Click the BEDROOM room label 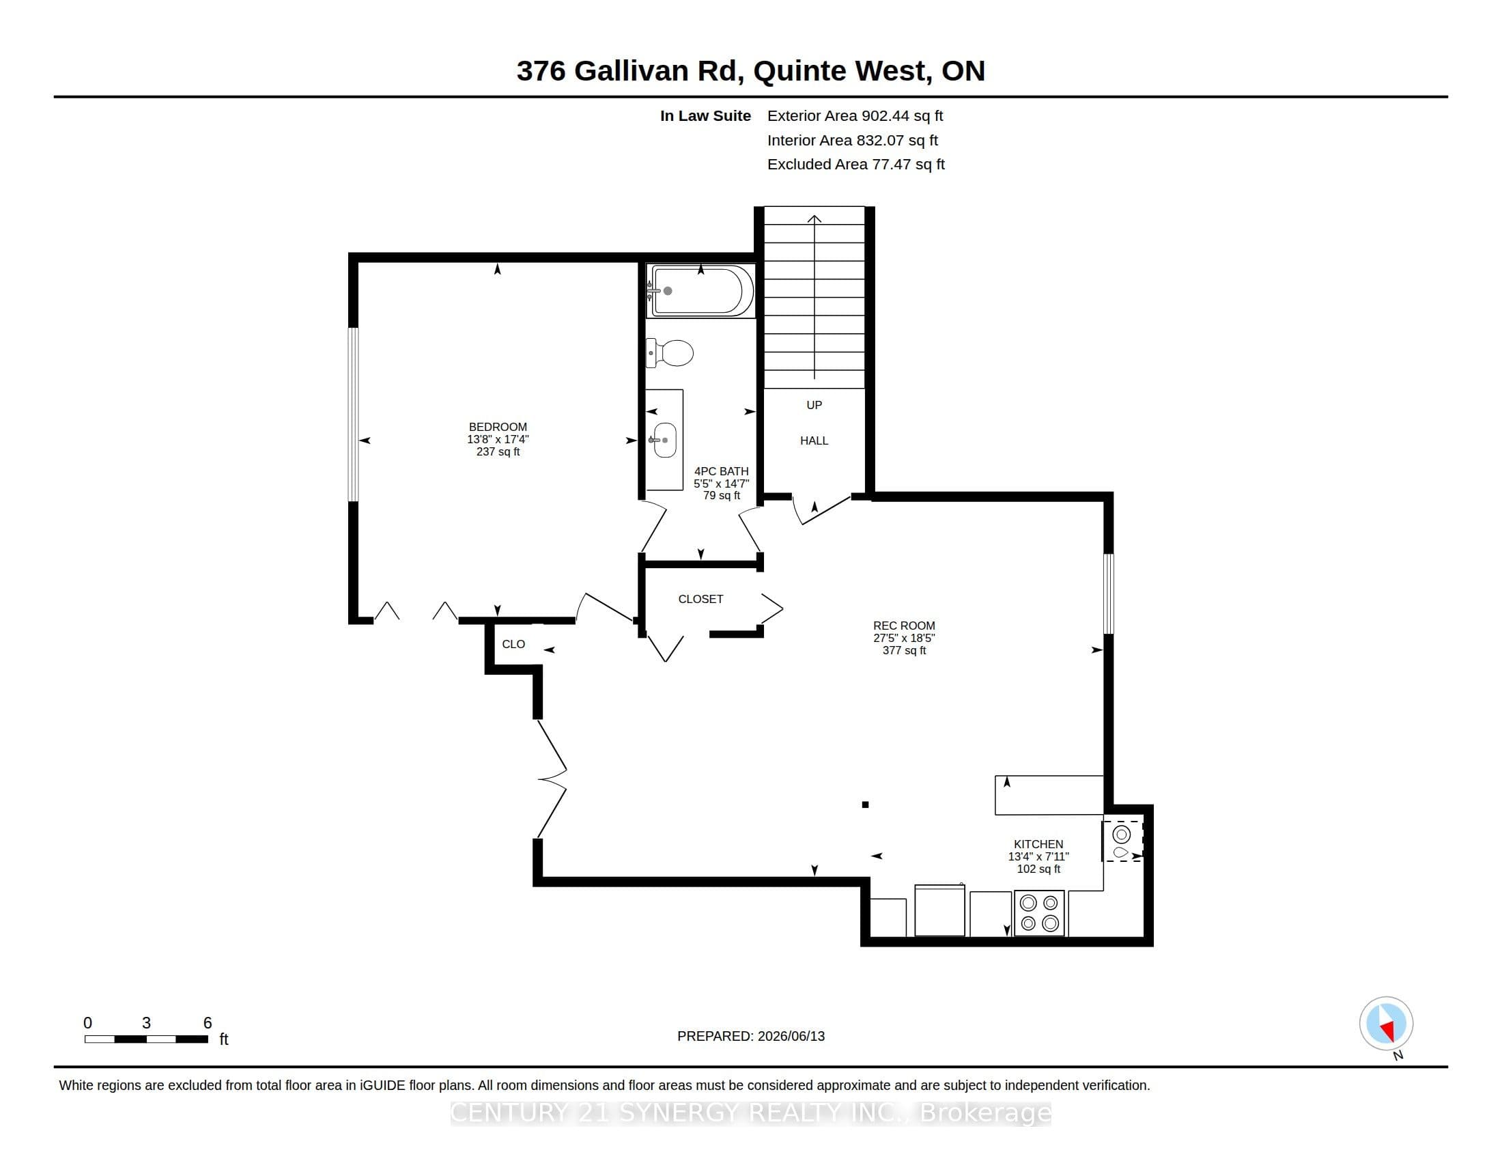[x=498, y=426]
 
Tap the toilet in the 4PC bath [x=669, y=353]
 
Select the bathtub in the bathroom [x=700, y=291]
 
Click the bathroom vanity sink [x=664, y=440]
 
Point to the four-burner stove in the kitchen [x=1039, y=913]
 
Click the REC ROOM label [x=904, y=626]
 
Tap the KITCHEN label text [x=1038, y=844]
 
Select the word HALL [x=814, y=441]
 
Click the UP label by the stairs [x=814, y=405]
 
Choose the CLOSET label [x=700, y=599]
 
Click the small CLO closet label [x=513, y=645]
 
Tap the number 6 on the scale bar [x=208, y=1023]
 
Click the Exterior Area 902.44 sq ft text [x=855, y=116]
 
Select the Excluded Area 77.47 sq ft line [x=856, y=165]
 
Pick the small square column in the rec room [x=865, y=805]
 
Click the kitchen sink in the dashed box [x=1122, y=841]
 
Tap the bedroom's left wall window [x=354, y=415]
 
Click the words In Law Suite [x=706, y=116]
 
